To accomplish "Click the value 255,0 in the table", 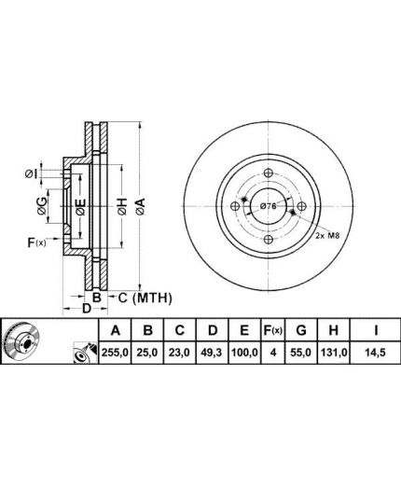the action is (115, 353).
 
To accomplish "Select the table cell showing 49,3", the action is (213, 353).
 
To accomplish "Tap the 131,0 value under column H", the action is (334, 353).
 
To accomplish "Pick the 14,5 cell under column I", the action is (376, 353).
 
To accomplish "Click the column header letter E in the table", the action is (244, 330).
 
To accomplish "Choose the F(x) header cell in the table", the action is (273, 330).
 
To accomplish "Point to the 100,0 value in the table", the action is (244, 353).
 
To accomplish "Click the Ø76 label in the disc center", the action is (268, 206).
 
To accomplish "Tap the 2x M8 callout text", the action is (327, 235).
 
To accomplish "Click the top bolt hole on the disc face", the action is (269, 173).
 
